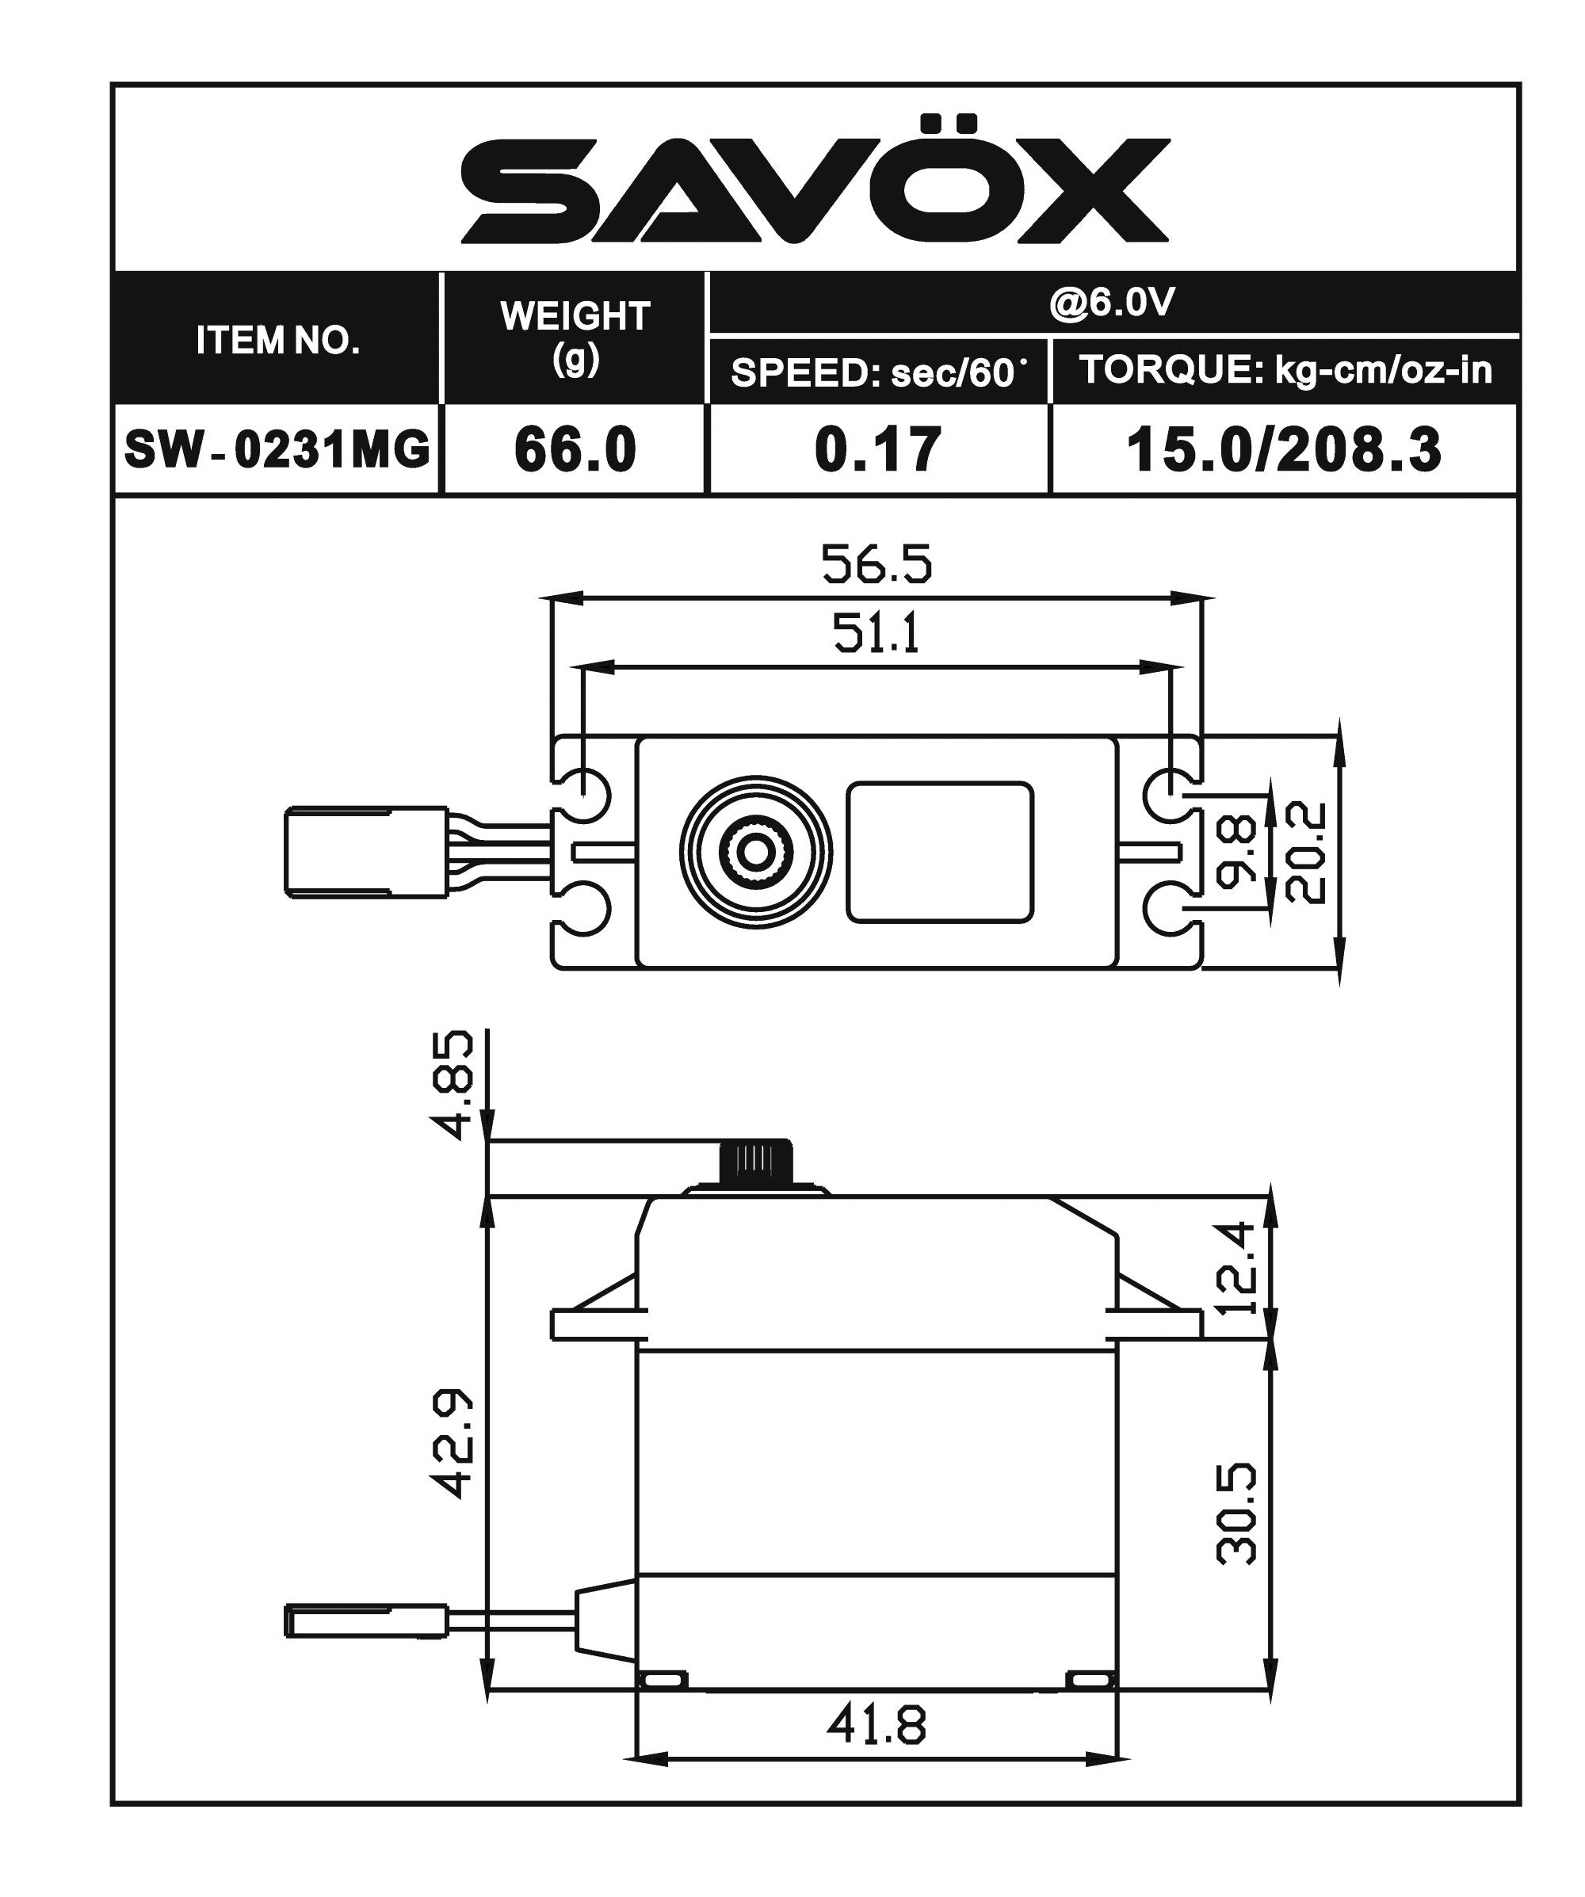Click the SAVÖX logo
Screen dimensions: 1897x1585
[815, 185]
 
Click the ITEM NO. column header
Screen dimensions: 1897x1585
[277, 340]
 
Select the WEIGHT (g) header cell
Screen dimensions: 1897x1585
[575, 337]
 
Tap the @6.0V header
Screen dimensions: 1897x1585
[1112, 303]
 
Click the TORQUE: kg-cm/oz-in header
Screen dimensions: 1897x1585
[1284, 369]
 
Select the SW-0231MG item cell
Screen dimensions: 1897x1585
[277, 449]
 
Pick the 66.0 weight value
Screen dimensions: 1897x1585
[575, 449]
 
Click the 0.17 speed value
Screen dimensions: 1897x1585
[878, 449]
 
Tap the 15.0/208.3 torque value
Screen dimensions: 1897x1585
[1283, 449]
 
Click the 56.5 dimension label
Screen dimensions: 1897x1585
[877, 563]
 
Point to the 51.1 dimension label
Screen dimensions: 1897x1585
[877, 633]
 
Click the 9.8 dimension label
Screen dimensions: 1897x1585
[1237, 850]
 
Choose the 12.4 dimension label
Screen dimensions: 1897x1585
[1236, 1267]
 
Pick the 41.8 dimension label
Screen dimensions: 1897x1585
[877, 1725]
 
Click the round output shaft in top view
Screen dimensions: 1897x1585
[755, 851]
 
